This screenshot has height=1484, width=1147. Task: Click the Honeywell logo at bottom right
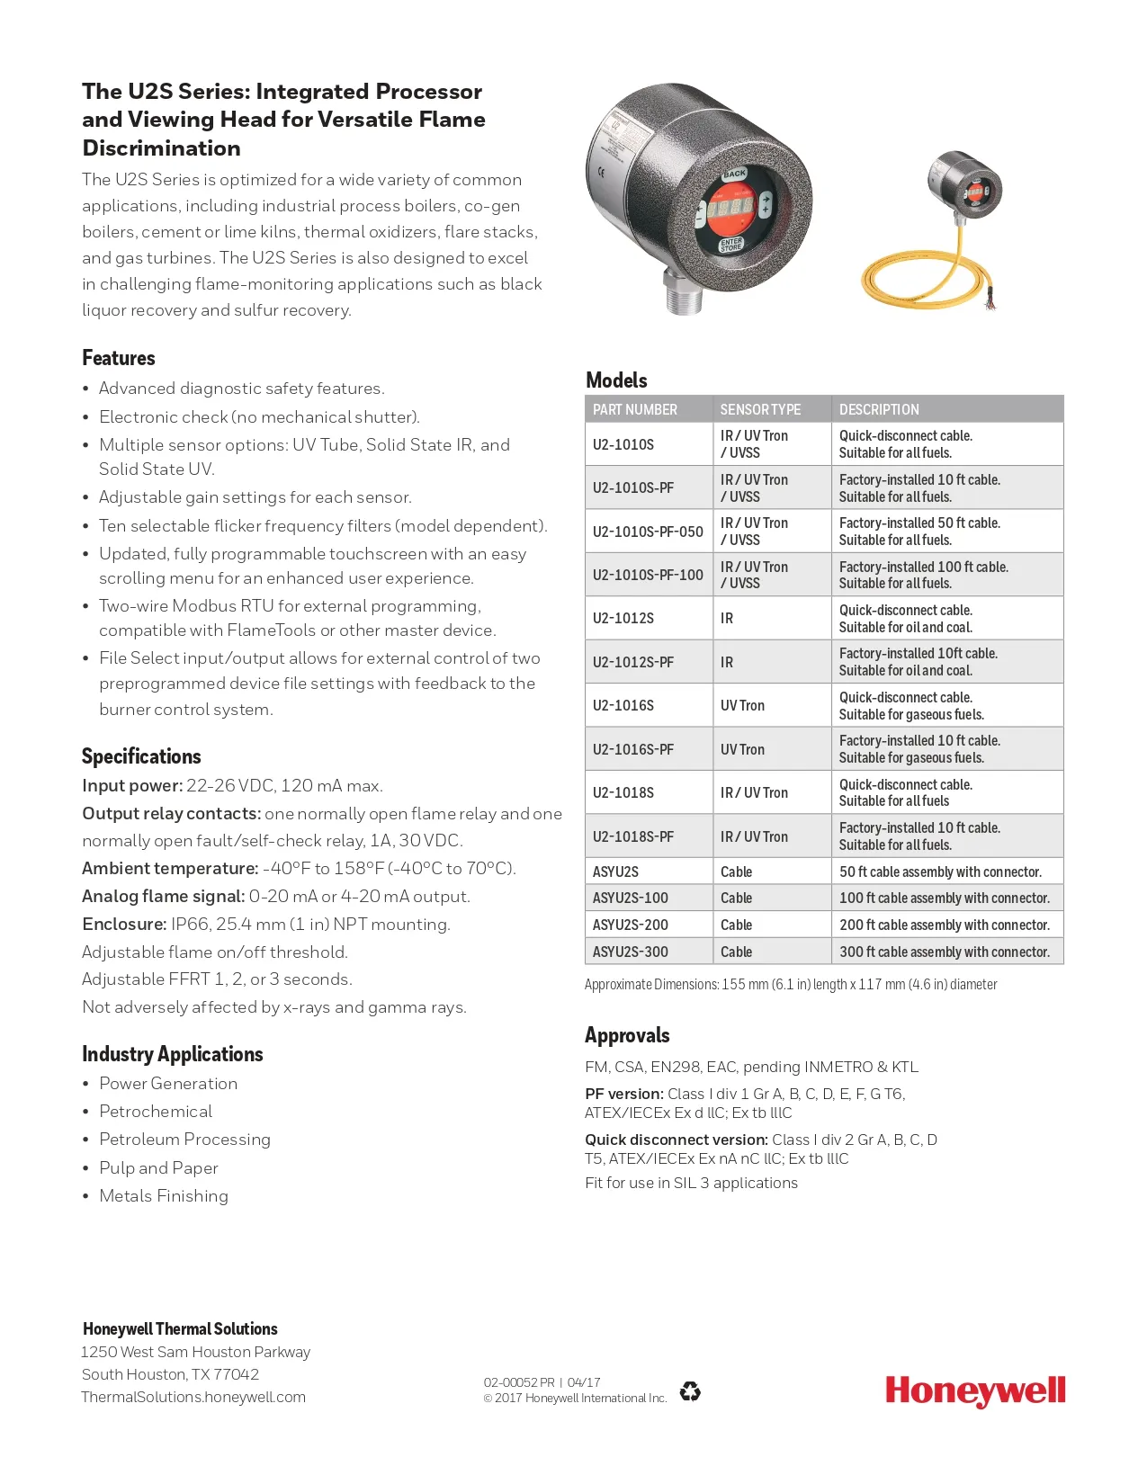(x=975, y=1390)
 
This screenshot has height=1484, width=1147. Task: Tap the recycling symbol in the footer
(x=690, y=1391)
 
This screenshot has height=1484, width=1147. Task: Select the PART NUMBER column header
(x=635, y=409)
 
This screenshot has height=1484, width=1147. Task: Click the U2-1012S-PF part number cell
(x=633, y=662)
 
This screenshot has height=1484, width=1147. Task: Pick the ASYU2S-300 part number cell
(x=631, y=952)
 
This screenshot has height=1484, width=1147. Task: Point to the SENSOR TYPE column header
(x=760, y=409)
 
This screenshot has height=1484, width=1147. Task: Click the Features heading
(x=119, y=358)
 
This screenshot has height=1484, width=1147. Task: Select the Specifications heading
(x=141, y=756)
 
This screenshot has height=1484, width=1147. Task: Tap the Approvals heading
(x=627, y=1035)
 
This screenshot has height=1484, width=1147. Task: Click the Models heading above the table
(x=616, y=380)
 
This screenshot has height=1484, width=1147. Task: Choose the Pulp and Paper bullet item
(x=158, y=1167)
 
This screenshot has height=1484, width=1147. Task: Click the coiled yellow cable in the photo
(x=927, y=281)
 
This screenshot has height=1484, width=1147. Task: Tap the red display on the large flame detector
(x=729, y=208)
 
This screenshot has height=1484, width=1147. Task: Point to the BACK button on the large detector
(x=734, y=173)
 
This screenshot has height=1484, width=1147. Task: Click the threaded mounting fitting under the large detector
(x=685, y=294)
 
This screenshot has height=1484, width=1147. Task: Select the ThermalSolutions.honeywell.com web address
(x=193, y=1397)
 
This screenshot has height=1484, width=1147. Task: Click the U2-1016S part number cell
(x=623, y=705)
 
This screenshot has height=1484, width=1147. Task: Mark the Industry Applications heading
(x=173, y=1054)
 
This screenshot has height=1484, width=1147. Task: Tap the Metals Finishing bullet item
(x=164, y=1195)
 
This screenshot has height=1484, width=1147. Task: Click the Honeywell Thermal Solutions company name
(x=180, y=1328)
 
